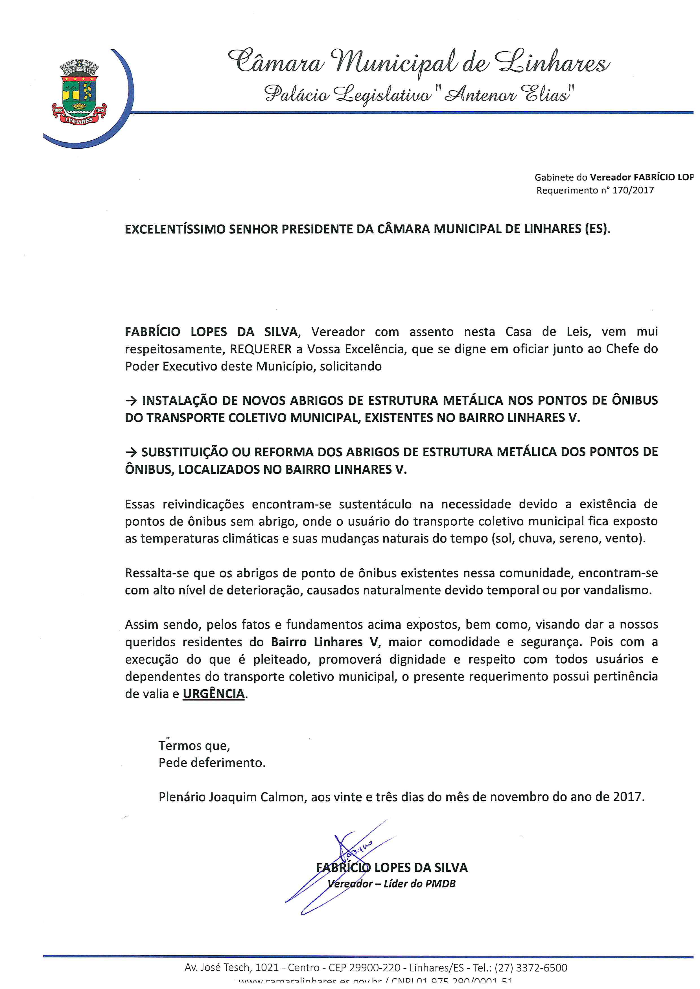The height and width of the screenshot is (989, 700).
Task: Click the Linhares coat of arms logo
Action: coord(79,92)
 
